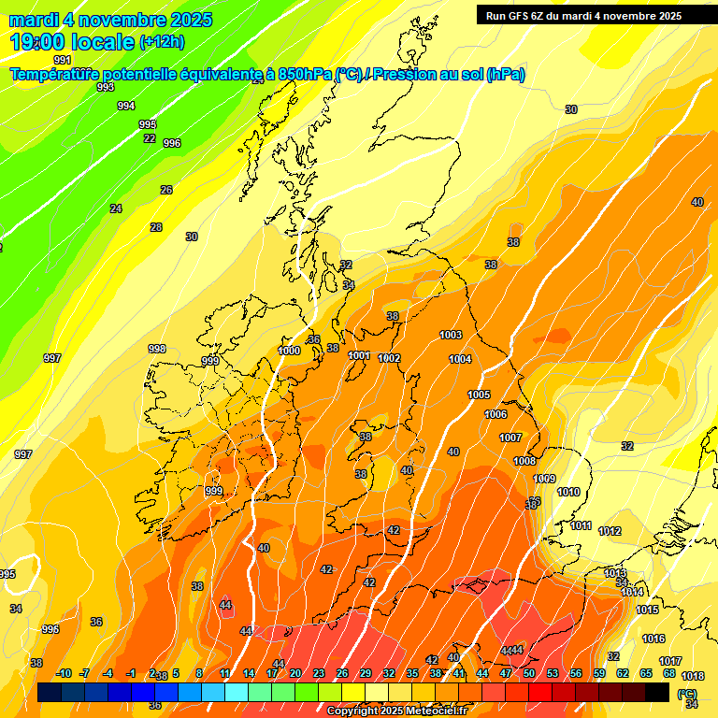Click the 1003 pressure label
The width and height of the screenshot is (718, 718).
coord(451,335)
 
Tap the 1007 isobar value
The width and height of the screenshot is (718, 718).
coord(510,438)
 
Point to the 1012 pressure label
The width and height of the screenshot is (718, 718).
coord(610,531)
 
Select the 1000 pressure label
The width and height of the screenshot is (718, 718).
coord(290,351)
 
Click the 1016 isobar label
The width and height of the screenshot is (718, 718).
coord(653,639)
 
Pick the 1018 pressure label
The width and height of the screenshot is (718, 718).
coord(693,676)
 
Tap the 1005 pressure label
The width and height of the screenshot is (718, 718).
coord(479,395)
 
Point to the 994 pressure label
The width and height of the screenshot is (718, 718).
coord(126,106)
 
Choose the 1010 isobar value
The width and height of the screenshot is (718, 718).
coord(568,492)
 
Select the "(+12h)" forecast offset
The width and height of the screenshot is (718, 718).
coord(162,42)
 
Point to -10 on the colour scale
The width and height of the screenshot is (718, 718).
coord(64,673)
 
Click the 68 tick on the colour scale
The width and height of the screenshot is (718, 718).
coord(668,673)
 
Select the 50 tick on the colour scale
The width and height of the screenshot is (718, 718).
coord(528,673)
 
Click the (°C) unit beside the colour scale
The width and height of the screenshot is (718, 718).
coord(687,695)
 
